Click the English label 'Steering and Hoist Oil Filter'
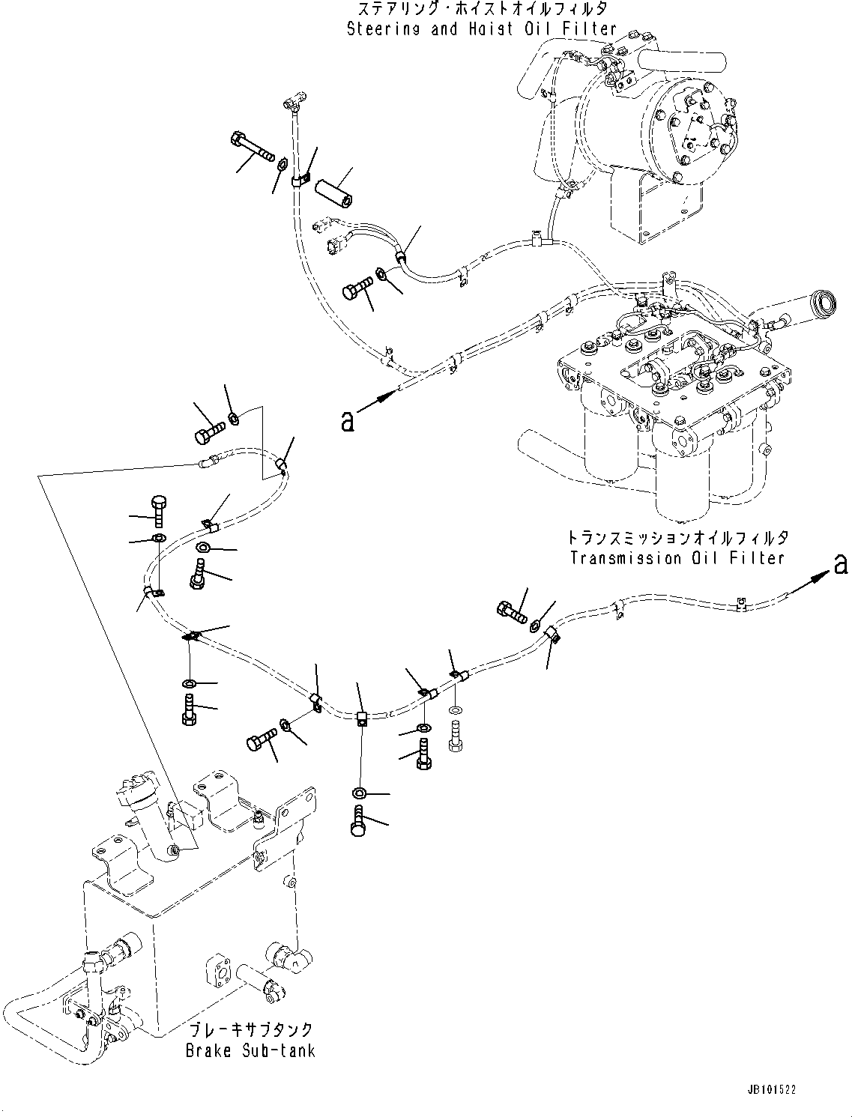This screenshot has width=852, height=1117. coord(482,29)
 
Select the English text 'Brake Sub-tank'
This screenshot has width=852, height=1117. coord(250,1050)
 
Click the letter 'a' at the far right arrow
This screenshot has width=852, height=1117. coord(841,564)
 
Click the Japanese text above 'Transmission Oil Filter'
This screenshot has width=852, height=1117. coord(677,539)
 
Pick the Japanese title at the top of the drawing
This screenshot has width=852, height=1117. coord(482,10)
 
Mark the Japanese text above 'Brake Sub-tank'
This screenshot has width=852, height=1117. coord(250,1030)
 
